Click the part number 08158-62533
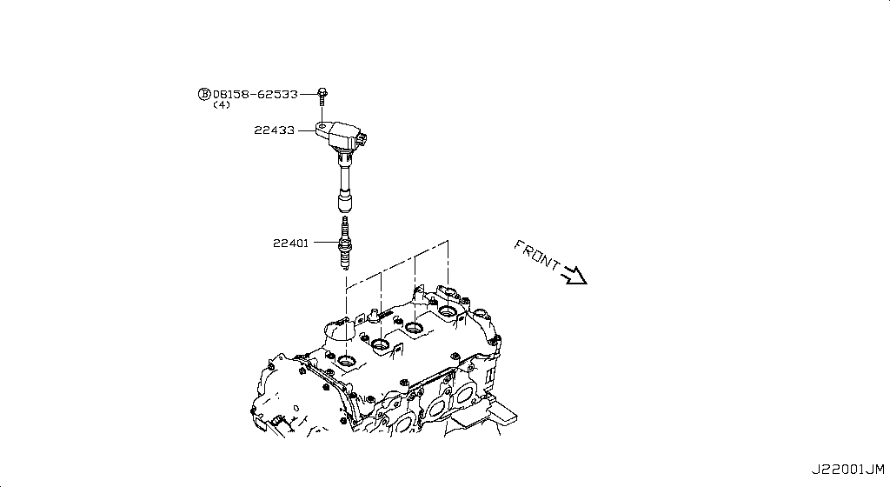(255, 94)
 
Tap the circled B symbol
(203, 94)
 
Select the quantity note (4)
(222, 105)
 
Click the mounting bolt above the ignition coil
(322, 97)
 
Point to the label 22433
(274, 130)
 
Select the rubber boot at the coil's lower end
(344, 203)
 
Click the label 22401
(290, 243)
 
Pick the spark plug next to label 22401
(344, 243)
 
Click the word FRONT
(536, 255)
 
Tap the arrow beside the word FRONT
(574, 275)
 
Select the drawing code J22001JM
(847, 470)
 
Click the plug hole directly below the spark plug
(346, 360)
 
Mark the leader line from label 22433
(307, 131)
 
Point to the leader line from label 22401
(327, 243)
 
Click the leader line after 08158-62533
(309, 94)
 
